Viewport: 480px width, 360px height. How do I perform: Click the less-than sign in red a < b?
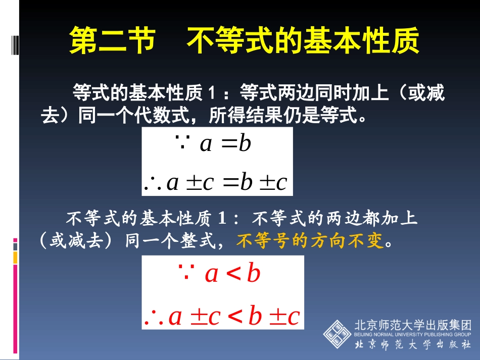(x=233, y=274)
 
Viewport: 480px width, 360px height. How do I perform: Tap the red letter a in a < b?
(x=212, y=274)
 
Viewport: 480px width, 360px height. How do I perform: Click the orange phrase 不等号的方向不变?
(x=310, y=241)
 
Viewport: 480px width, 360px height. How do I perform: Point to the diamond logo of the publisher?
(x=338, y=333)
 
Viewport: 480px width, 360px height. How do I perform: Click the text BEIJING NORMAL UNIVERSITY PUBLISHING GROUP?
(x=413, y=334)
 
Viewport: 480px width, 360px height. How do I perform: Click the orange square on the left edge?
(x=15, y=258)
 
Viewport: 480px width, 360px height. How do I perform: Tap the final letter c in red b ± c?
(x=294, y=317)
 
